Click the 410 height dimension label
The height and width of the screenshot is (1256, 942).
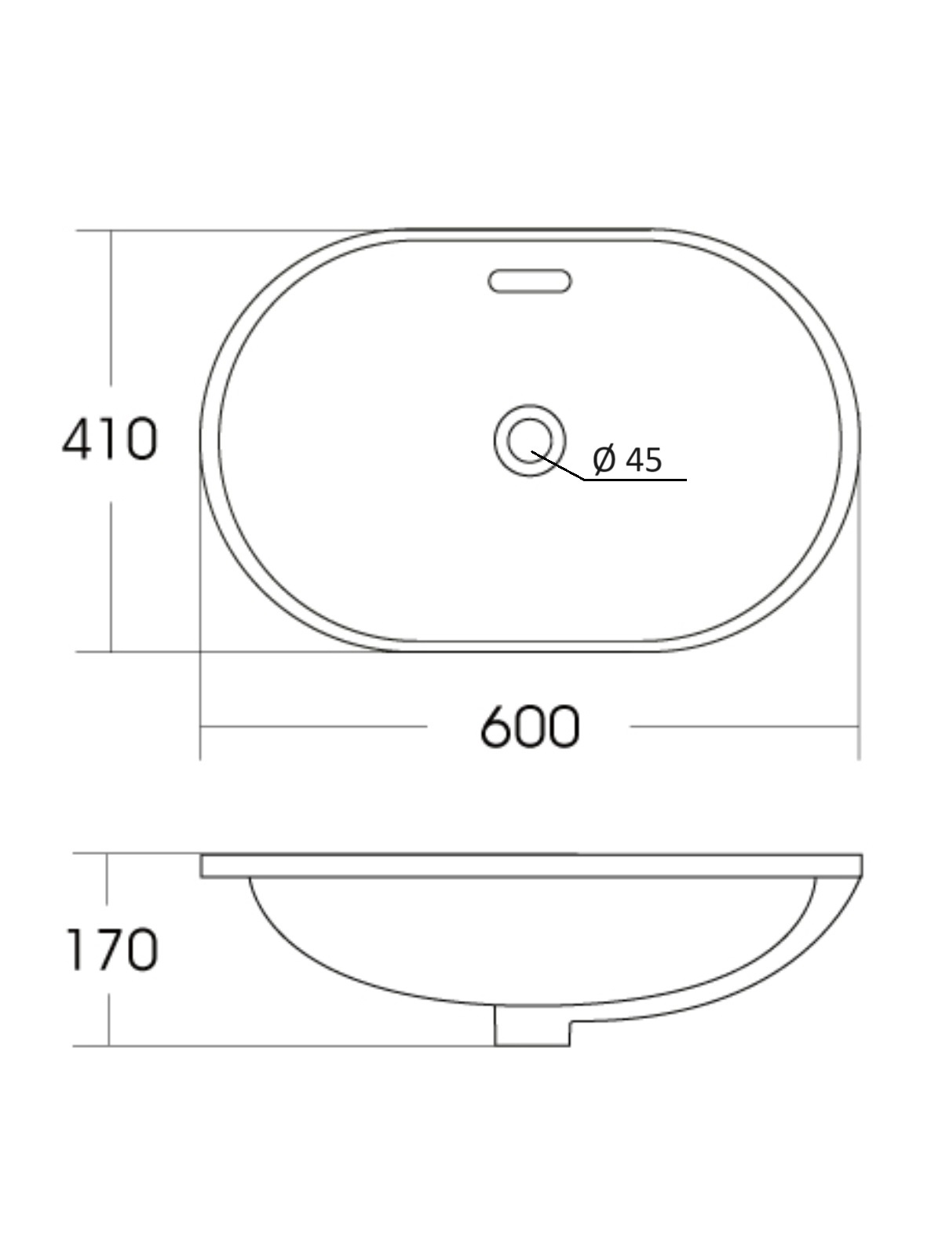(x=109, y=439)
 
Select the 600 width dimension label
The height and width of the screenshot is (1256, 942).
(x=530, y=727)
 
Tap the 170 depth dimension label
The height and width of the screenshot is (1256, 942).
(x=113, y=950)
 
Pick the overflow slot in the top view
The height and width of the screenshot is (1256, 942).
(x=530, y=281)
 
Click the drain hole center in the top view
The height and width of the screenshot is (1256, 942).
(x=530, y=440)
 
